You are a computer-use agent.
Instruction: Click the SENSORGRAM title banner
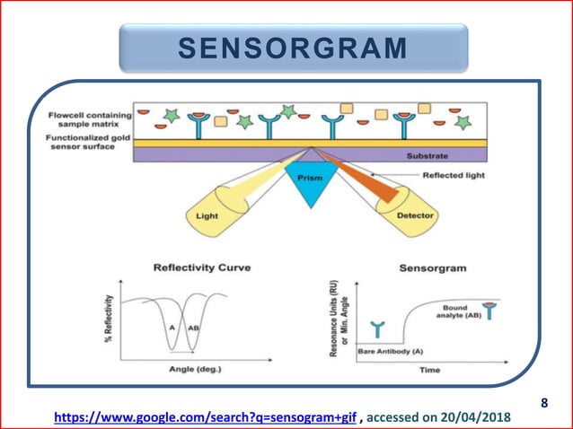[x=294, y=48]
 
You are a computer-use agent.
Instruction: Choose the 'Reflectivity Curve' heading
[x=202, y=267]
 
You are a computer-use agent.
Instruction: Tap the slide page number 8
[x=543, y=403]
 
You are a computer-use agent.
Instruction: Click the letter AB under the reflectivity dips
[x=193, y=328]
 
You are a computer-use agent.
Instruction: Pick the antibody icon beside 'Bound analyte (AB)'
[x=489, y=310]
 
